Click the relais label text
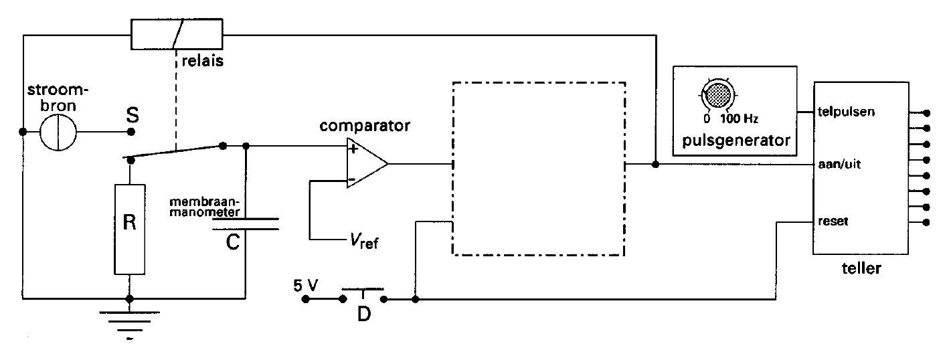[203, 61]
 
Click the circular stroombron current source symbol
[58, 132]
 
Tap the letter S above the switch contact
[133, 115]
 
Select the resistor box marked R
[130, 229]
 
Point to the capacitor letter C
[233, 242]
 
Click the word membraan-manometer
[205, 207]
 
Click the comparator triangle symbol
[367, 163]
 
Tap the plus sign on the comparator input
[353, 149]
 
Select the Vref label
[364, 241]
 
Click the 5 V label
[305, 286]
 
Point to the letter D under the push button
[364, 314]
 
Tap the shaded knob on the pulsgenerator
[717, 95]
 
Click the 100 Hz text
[739, 118]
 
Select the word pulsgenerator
[736, 141]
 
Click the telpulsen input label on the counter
[846, 112]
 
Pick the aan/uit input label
[839, 164]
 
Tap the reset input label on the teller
[833, 221]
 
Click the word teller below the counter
[861, 268]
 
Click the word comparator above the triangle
[365, 126]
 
